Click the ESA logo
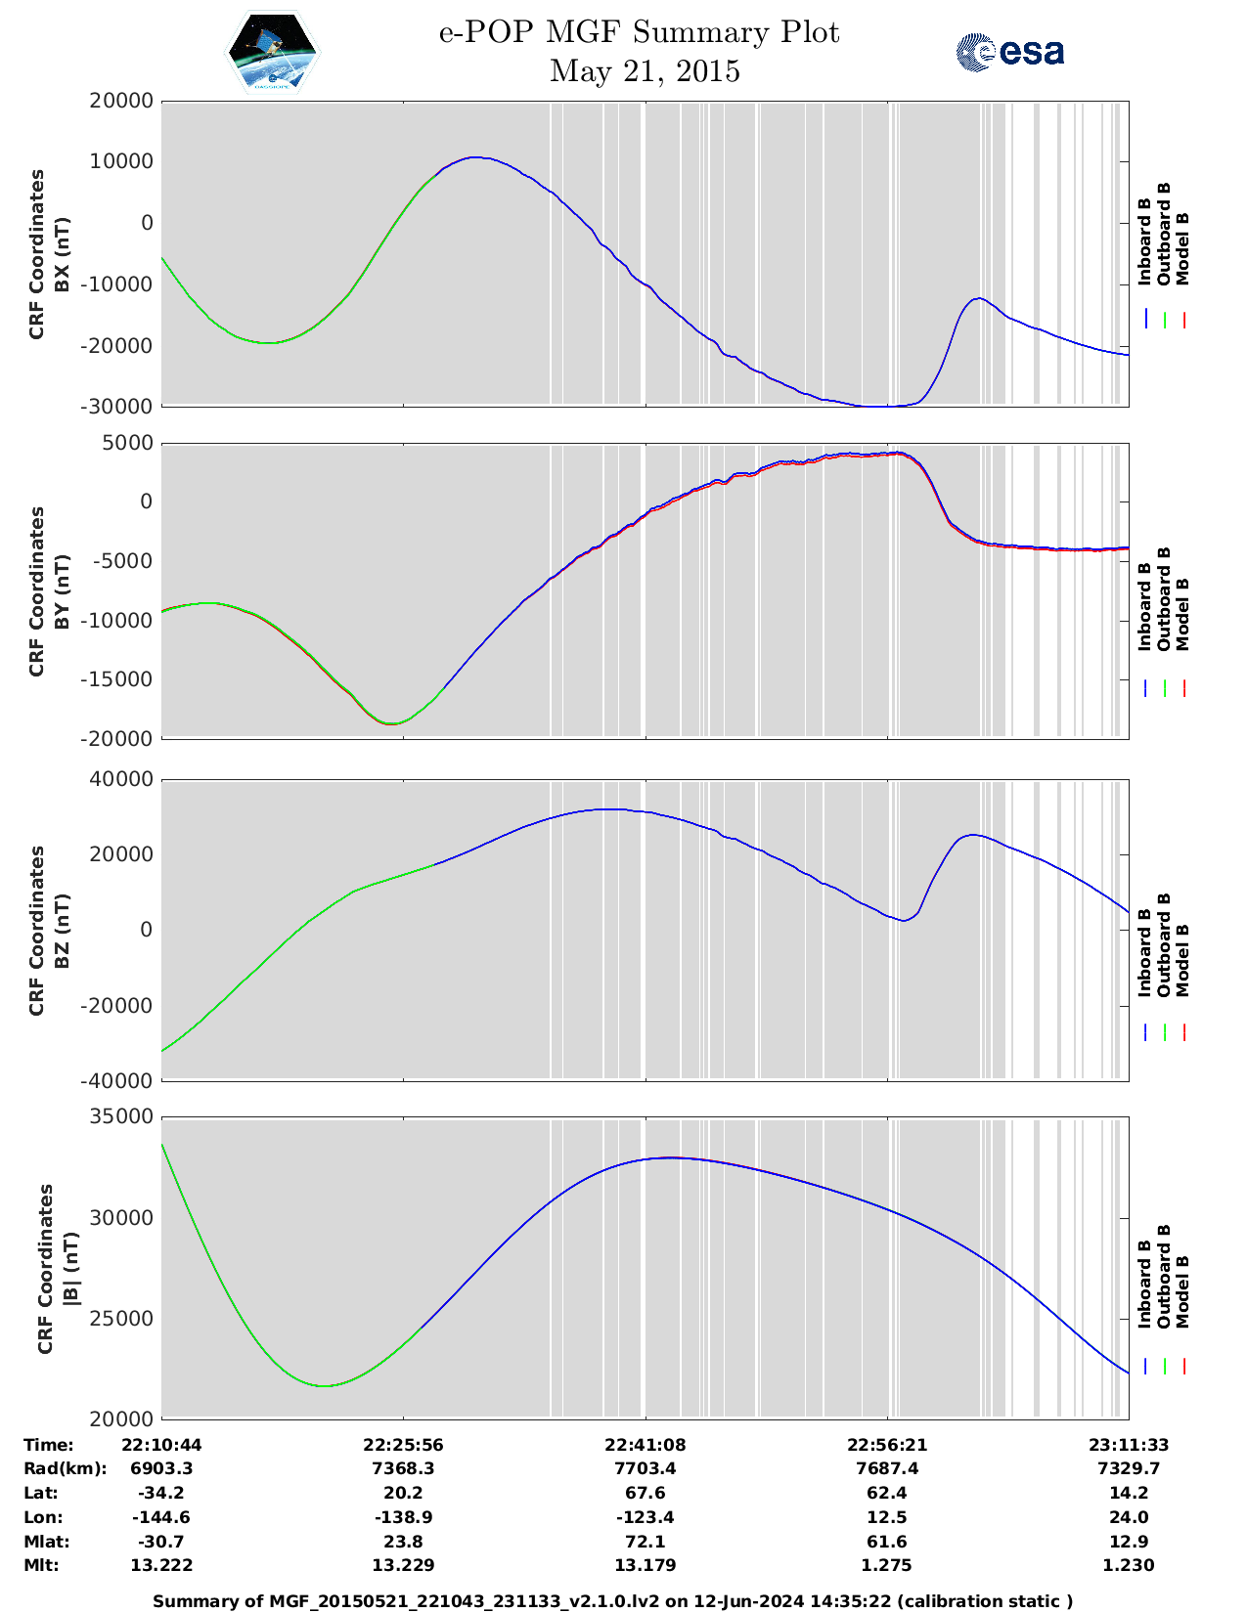1010,52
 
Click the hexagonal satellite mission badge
273,53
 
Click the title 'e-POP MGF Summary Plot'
639,33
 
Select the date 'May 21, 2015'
645,71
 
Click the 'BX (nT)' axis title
62,254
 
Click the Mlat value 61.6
886,1542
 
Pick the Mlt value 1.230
1129,1565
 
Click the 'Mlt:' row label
41,1565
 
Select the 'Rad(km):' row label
65,1468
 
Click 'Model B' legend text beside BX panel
1182,248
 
